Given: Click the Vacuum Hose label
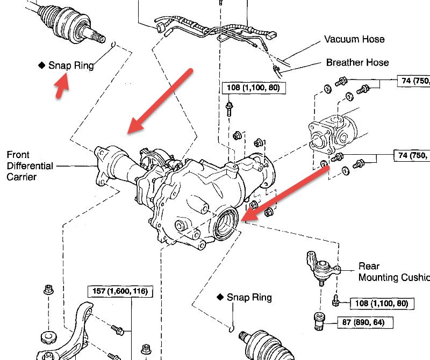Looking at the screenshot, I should (354, 40).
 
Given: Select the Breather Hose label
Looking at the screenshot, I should (357, 63).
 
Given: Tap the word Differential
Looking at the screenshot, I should (30, 166).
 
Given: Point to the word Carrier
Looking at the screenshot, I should (21, 177).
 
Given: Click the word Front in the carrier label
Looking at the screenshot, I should (18, 155).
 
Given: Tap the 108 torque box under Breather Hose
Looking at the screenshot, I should (253, 87).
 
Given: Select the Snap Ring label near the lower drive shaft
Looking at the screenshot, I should (249, 297).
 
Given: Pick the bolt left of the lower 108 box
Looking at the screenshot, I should (335, 300).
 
